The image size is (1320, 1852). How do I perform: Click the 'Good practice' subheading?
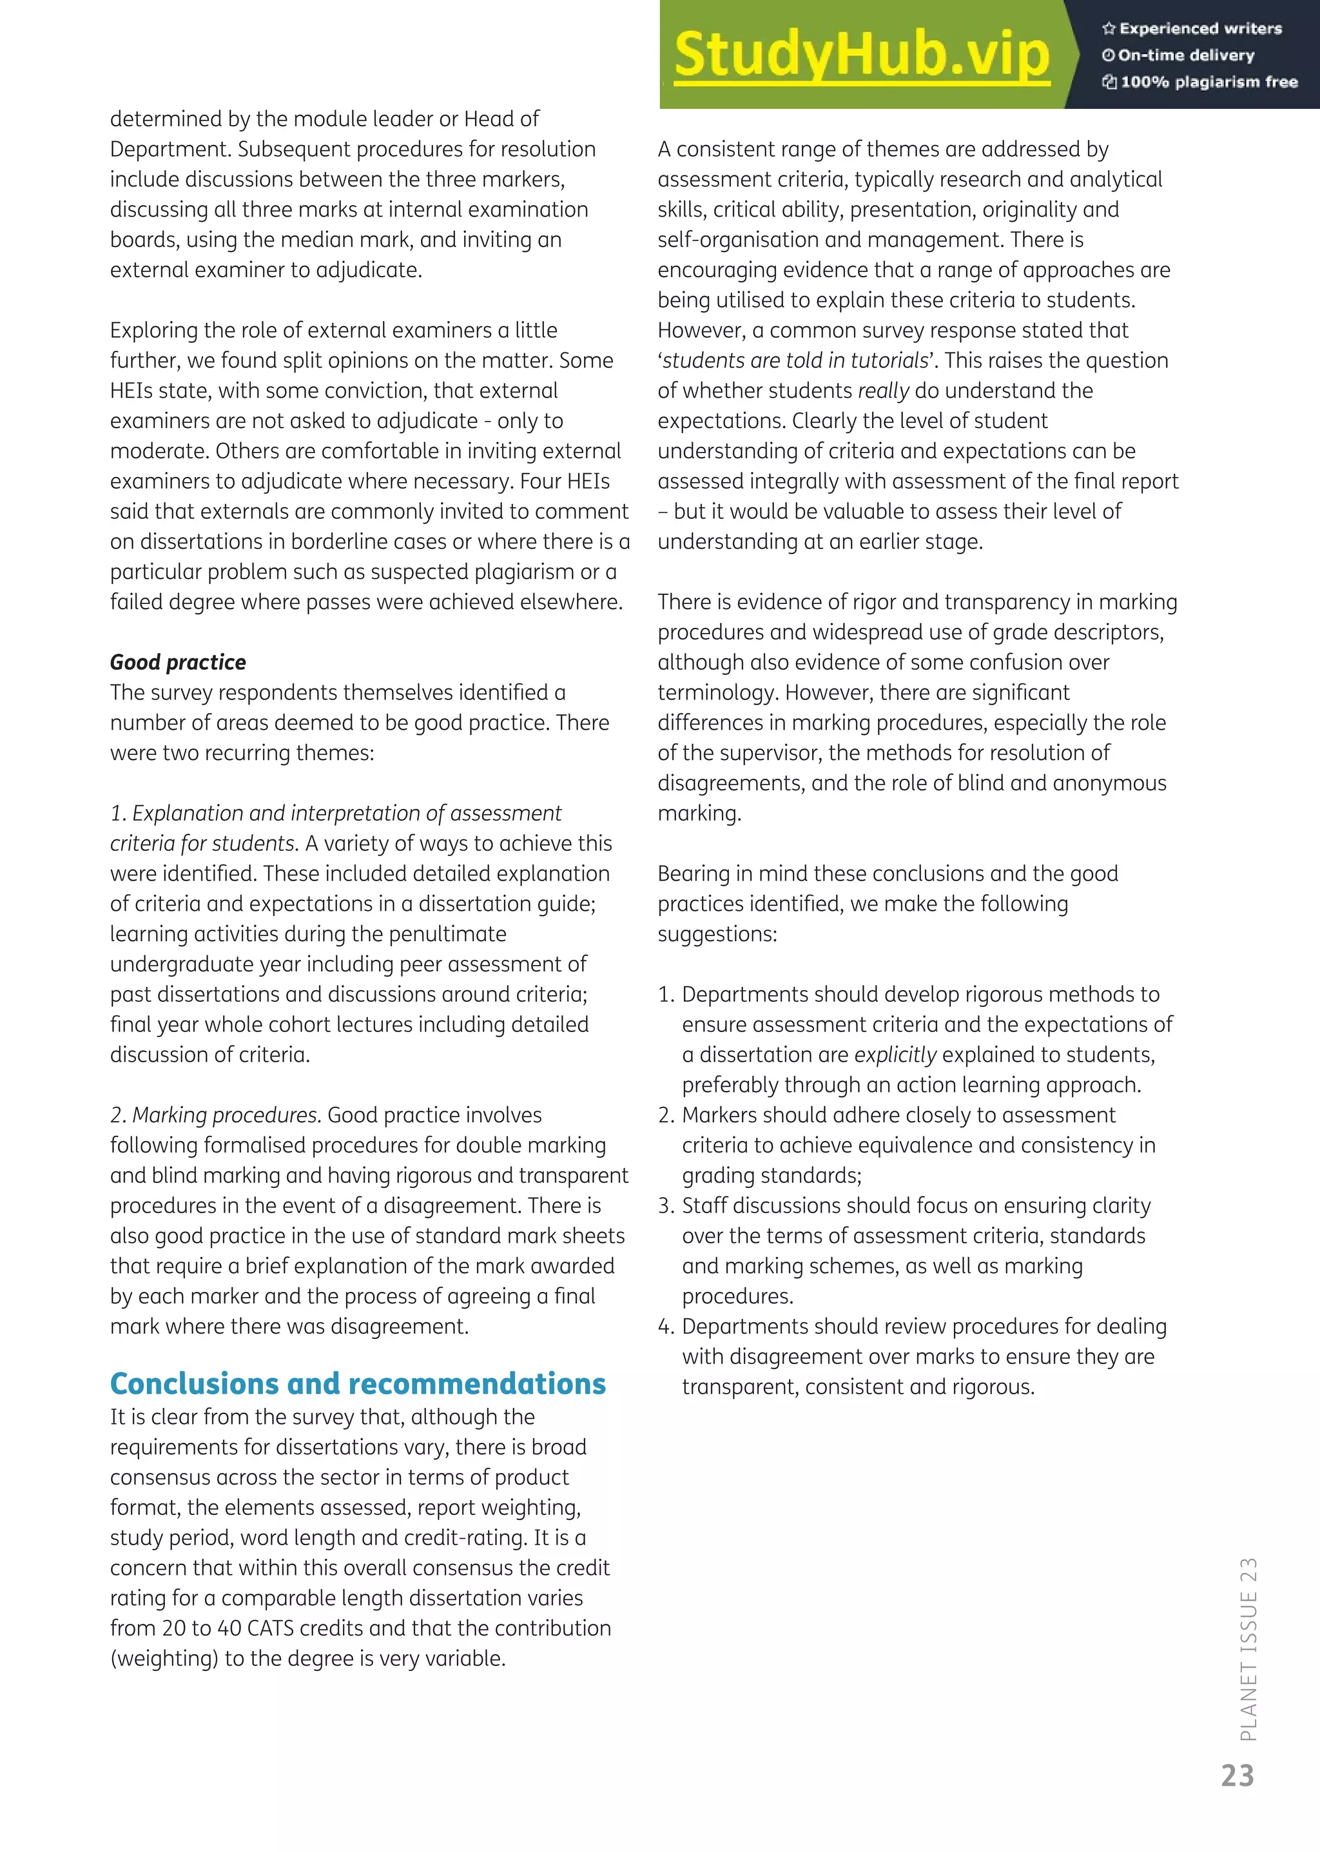[178, 663]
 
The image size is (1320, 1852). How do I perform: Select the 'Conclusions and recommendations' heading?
[358, 1384]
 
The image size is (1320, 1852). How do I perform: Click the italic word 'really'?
[884, 391]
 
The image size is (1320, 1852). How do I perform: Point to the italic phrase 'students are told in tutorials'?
[795, 361]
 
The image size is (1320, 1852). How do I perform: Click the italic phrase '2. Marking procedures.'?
[216, 1115]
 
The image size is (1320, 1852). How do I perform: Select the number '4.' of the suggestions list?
[666, 1327]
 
